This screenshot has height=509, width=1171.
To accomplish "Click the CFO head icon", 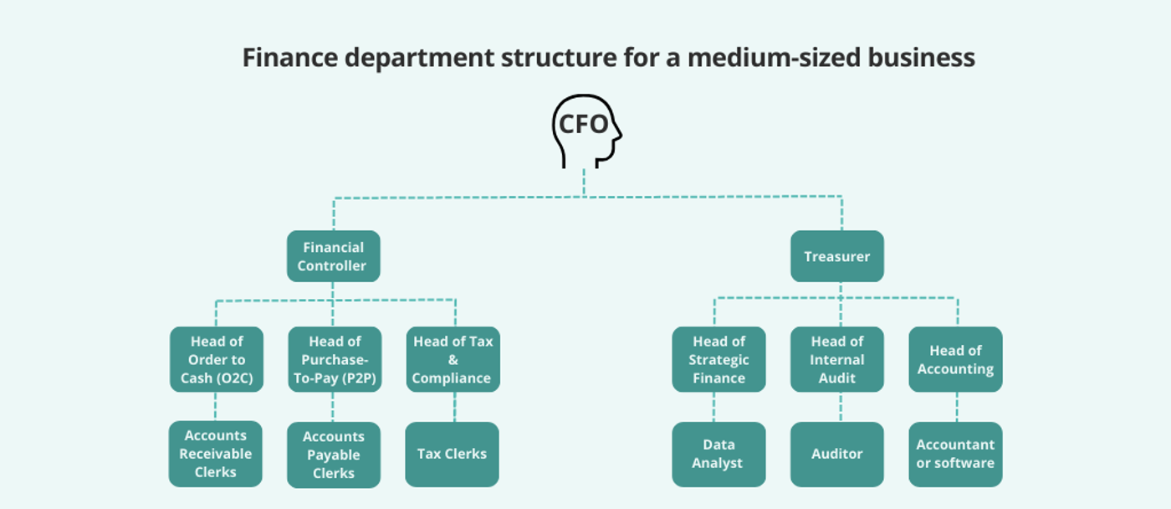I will tap(585, 131).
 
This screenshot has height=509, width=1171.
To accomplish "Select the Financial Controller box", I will tap(333, 256).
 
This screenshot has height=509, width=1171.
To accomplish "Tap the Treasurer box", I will tap(837, 256).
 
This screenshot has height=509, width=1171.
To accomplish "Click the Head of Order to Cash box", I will tap(217, 359).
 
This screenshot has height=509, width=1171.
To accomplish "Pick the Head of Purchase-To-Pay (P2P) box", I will tap(335, 359).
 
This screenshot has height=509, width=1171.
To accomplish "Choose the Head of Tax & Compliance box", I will tap(453, 359).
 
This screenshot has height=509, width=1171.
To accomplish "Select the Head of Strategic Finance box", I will tap(718, 359).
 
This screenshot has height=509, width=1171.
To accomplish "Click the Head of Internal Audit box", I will tap(837, 359).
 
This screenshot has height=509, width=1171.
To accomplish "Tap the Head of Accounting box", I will tap(955, 359).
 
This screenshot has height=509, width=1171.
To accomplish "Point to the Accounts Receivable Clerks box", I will tap(216, 454).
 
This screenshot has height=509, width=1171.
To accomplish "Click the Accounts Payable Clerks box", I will tap(334, 455).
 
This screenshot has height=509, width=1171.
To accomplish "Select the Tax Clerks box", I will tap(452, 454).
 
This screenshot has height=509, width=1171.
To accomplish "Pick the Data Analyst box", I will tap(718, 454).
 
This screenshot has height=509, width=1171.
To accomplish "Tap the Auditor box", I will tap(837, 454).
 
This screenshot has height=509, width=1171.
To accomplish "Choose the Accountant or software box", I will tap(955, 454).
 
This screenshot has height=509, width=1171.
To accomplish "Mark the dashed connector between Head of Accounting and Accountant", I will tap(957, 407).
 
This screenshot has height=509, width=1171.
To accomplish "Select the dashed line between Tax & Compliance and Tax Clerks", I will tap(455, 407).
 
